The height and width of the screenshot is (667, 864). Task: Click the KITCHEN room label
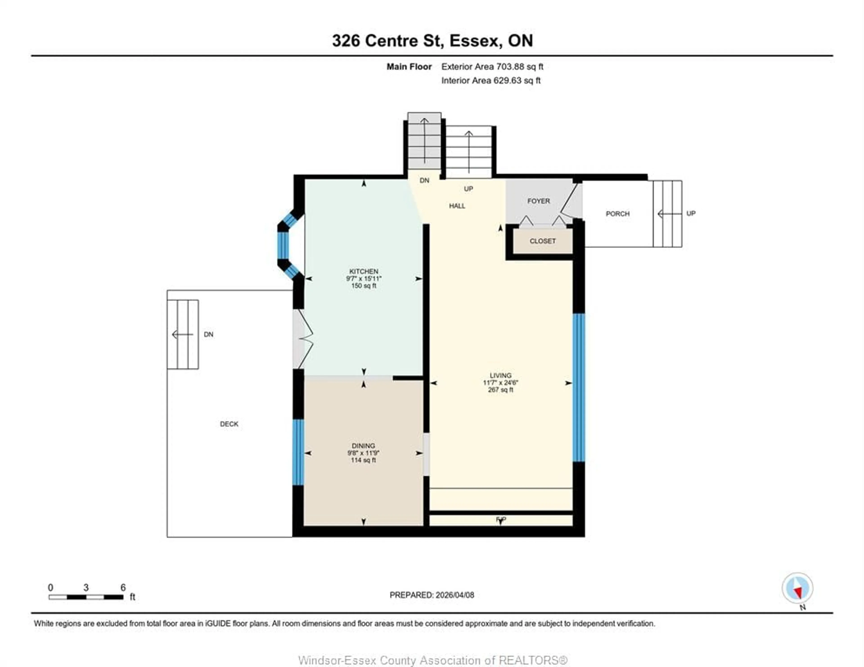(364, 271)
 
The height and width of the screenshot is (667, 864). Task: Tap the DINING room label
(363, 446)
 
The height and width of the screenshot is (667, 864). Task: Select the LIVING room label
(500, 375)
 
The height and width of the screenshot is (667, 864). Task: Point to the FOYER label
(538, 201)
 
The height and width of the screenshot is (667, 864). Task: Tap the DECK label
(229, 424)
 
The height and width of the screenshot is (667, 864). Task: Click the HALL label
(457, 206)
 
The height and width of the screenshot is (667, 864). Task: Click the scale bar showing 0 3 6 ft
(86, 597)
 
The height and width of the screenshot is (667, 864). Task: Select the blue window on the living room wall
(578, 388)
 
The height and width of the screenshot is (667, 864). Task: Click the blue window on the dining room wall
(298, 452)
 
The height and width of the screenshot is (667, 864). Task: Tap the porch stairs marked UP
(667, 214)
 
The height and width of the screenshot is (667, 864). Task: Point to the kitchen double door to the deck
(303, 339)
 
